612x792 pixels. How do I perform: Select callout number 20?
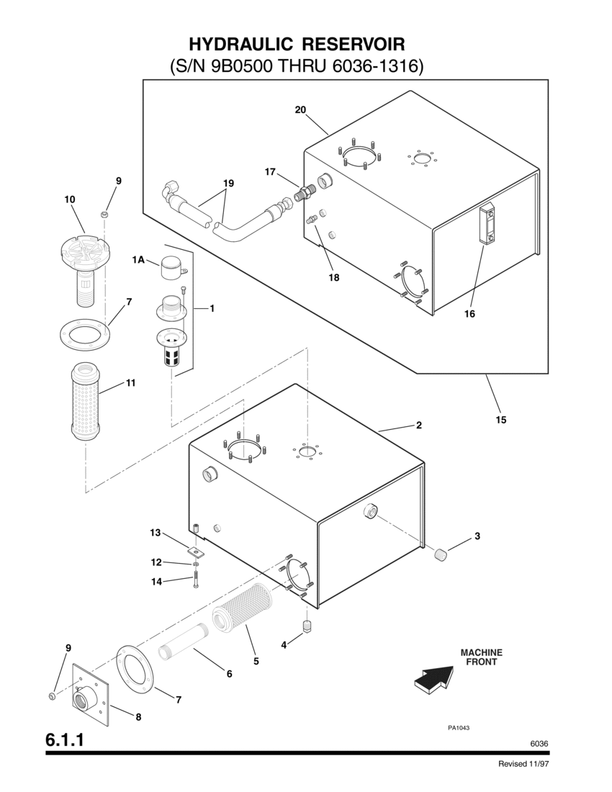[300, 109]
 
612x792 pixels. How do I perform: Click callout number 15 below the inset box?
[501, 419]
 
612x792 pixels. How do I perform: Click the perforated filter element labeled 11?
[86, 402]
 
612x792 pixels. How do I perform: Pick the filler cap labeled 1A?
[171, 268]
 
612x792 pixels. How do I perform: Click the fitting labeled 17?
[305, 193]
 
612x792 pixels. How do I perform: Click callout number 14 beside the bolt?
[156, 582]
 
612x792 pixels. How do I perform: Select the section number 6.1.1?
[66, 739]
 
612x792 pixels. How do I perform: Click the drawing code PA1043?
[459, 727]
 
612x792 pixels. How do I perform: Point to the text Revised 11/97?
[528, 764]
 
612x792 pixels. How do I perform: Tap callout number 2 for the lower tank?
[418, 425]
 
